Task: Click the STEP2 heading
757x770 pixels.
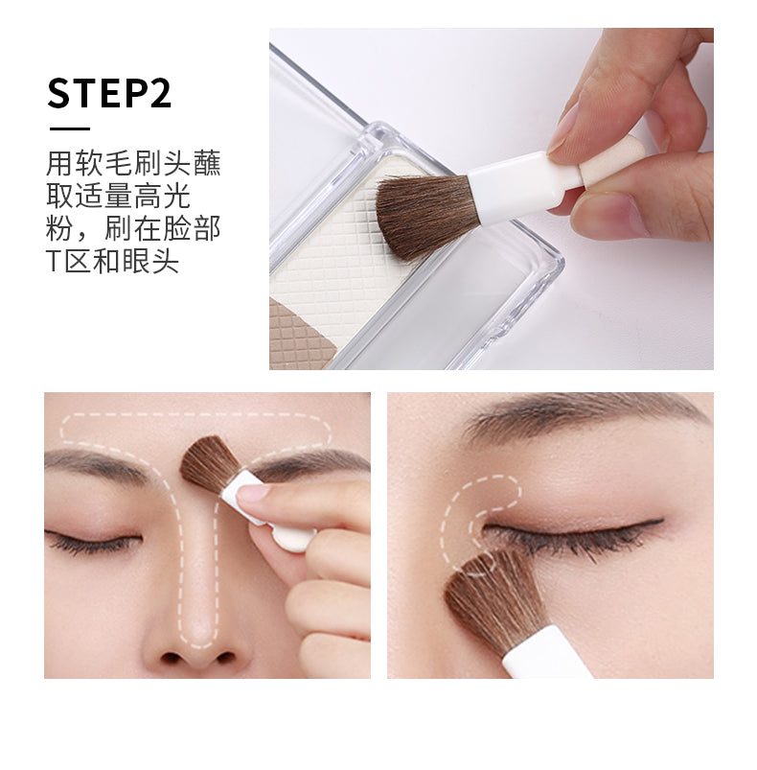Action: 109,93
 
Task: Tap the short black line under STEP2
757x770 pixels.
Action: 70,128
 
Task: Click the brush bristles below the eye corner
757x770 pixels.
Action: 493,600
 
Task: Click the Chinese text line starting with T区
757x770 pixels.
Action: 112,261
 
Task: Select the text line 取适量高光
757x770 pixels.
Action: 118,196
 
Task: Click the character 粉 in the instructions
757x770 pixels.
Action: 59,228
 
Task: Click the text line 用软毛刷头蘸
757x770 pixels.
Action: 133,163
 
